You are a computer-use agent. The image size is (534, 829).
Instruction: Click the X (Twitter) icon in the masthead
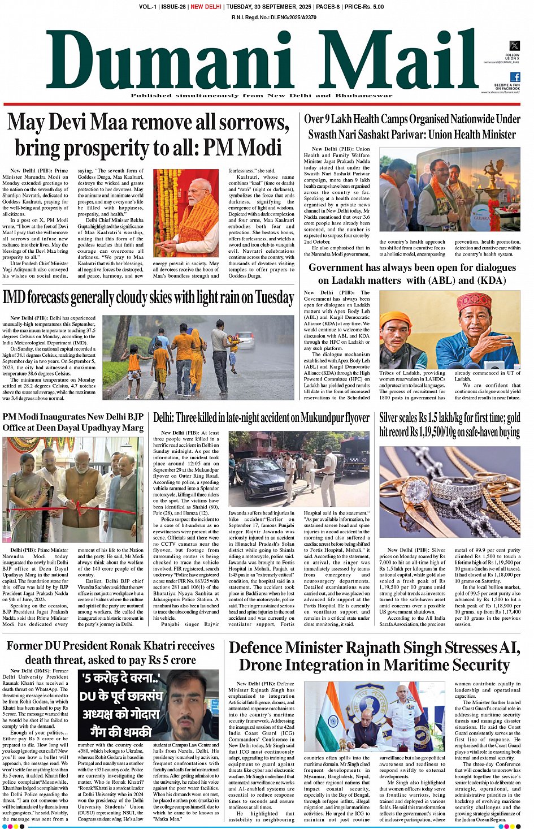coord(514,45)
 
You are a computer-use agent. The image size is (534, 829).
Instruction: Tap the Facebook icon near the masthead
coord(515,77)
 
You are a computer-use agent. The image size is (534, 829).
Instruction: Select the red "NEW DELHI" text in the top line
coord(206,7)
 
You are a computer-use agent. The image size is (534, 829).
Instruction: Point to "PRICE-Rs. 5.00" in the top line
coord(364,7)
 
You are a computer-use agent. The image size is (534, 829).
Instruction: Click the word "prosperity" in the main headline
coord(115,148)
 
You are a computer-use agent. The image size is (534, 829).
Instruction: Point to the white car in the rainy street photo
coord(245,339)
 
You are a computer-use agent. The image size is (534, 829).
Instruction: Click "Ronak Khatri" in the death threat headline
coord(151,646)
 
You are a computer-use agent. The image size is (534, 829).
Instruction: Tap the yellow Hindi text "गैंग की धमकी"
coord(116,731)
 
